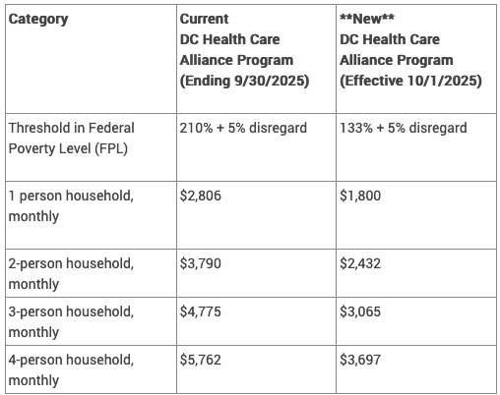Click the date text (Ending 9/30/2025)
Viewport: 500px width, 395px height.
tap(244, 81)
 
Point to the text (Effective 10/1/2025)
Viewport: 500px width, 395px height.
tap(410, 81)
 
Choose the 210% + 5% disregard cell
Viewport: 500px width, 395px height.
tap(243, 129)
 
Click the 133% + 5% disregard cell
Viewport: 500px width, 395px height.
tap(403, 129)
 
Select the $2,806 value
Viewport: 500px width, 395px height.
tap(201, 196)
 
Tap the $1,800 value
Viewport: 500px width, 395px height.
tap(360, 196)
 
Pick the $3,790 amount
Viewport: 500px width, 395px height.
tap(201, 263)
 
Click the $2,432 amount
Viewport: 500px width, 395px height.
tap(360, 263)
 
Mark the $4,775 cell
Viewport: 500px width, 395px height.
tap(201, 311)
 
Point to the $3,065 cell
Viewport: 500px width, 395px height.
tap(360, 311)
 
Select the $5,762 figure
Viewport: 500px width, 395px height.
tap(201, 360)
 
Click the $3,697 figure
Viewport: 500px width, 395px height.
tap(360, 360)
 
